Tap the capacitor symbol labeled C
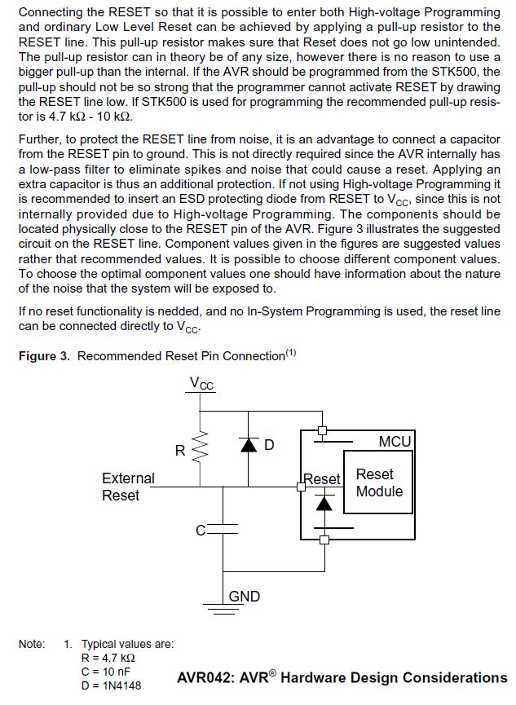[x=224, y=530]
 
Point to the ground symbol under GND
[x=224, y=605]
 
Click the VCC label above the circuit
[x=201, y=383]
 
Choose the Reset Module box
[x=378, y=482]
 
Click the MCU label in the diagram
[x=395, y=441]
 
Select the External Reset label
[x=128, y=487]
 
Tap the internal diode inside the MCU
[x=324, y=504]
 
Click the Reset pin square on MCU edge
[x=301, y=485]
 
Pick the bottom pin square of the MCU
[x=324, y=540]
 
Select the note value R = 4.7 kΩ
[x=108, y=657]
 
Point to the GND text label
[x=245, y=597]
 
